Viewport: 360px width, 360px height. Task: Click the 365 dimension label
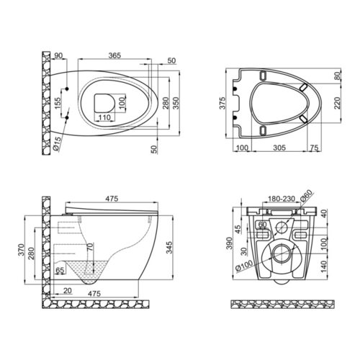(x=114, y=55)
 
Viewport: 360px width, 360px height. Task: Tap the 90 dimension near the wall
(x=58, y=55)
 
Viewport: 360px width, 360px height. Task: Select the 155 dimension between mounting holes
(x=58, y=103)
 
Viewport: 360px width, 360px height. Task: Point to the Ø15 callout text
(x=58, y=143)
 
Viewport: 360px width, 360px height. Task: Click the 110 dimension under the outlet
(x=104, y=117)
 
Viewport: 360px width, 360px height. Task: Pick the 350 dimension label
(x=176, y=103)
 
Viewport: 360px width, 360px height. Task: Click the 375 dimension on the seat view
(x=223, y=103)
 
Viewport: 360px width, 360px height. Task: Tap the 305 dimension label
(x=279, y=148)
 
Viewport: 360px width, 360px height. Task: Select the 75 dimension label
(x=314, y=148)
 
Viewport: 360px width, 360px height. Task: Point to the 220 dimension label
(x=338, y=103)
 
